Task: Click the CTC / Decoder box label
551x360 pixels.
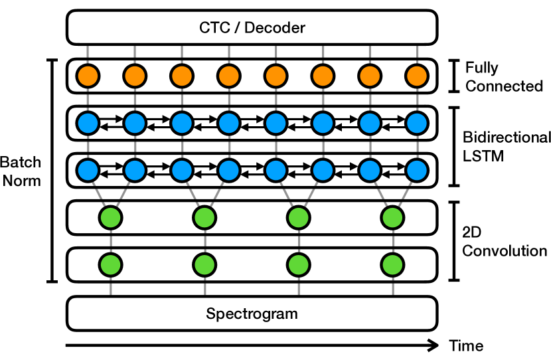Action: pos(252,27)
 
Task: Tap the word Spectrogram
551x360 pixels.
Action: pos(252,314)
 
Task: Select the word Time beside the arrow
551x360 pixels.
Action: pos(466,345)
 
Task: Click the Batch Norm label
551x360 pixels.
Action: pos(21,171)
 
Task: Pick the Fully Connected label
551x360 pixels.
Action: pos(504,76)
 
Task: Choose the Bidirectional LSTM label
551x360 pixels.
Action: pos(507,147)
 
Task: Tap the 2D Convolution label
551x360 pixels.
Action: pos(505,241)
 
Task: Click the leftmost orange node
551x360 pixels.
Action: pos(88,76)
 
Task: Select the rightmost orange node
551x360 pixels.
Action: pos(417,76)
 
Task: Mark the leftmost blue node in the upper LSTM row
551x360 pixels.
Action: pos(88,123)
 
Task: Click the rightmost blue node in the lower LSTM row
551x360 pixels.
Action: pos(417,170)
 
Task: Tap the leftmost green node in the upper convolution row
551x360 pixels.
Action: pos(110,218)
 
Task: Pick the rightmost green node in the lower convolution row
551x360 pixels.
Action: pos(392,265)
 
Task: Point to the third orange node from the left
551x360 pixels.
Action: pos(182,76)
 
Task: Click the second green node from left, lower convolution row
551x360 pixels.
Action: pos(204,265)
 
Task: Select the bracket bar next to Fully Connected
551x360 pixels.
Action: pos(454,76)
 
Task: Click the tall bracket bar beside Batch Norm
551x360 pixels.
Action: pos(52,171)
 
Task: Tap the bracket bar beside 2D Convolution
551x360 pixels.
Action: pos(454,241)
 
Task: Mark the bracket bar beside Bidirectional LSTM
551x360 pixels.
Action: pos(454,147)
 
